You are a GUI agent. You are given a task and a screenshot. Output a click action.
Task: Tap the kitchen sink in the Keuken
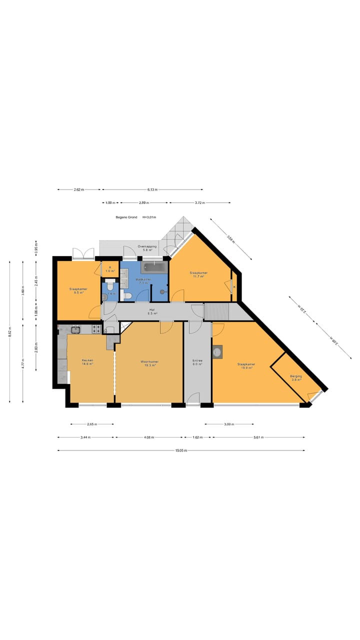[75, 329]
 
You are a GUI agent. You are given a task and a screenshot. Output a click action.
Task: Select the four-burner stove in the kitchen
[96, 329]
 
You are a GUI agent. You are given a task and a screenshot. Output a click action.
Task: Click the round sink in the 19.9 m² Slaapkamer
[217, 352]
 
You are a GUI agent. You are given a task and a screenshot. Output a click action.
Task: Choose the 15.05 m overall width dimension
[181, 450]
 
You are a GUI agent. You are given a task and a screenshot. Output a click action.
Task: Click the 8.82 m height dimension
[10, 331]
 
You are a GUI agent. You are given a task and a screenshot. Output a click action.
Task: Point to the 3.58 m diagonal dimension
[230, 238]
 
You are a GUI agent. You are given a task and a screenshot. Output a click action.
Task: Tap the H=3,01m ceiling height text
[149, 217]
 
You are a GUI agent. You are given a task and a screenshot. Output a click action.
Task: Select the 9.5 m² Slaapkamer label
[78, 291]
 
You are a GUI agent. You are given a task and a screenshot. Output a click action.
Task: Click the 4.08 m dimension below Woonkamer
[148, 437]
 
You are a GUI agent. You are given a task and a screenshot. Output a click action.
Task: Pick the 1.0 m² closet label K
[110, 269]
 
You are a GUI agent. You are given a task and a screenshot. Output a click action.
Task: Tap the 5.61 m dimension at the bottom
[258, 437]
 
